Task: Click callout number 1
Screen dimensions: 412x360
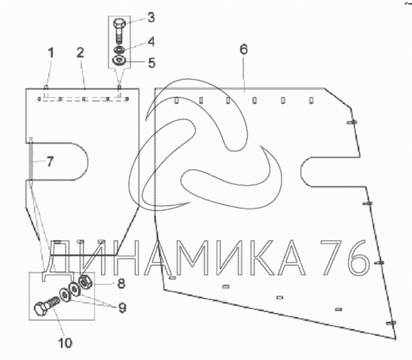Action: click(51, 53)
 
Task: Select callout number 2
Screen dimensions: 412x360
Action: click(81, 53)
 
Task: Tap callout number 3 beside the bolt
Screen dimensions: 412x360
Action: click(151, 17)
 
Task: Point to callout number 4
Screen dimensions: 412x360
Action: click(151, 41)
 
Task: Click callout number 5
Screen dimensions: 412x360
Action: click(151, 63)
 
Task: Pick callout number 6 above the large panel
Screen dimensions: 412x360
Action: click(244, 49)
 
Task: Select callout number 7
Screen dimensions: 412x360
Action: click(50, 161)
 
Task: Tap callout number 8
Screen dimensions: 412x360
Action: click(121, 284)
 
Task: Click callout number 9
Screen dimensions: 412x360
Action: click(123, 308)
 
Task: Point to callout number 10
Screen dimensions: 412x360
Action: click(66, 343)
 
